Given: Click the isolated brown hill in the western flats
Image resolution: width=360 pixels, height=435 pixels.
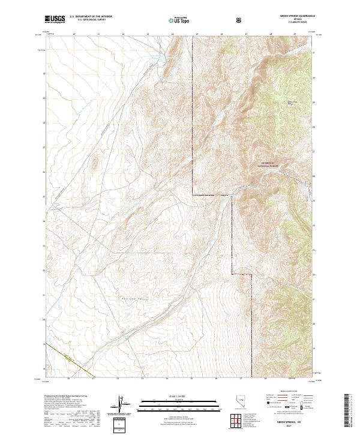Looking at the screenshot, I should click(94, 163).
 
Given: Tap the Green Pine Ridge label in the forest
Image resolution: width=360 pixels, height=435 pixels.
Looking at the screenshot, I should click(292, 103).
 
